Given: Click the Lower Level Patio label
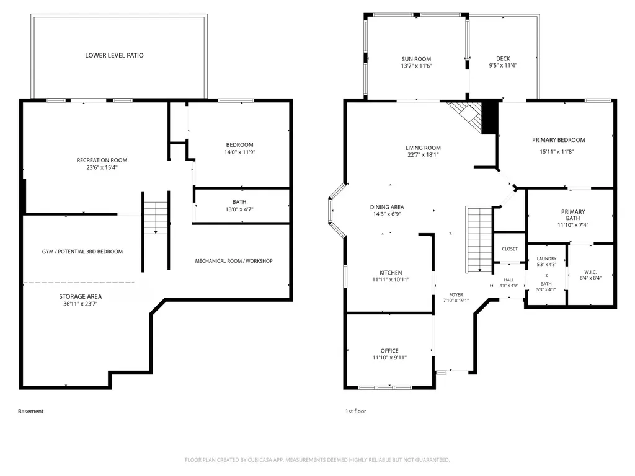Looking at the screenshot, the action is click(x=114, y=55).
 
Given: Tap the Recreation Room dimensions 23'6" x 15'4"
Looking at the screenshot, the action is click(x=102, y=167).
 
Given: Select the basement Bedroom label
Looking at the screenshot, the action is click(x=240, y=145).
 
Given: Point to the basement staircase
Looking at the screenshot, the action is click(x=156, y=218).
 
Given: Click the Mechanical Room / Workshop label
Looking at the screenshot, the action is click(x=234, y=261).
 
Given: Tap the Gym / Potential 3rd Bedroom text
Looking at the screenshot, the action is click(x=82, y=252).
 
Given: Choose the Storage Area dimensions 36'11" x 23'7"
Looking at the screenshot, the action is click(x=80, y=304).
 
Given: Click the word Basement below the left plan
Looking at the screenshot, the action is click(x=31, y=412).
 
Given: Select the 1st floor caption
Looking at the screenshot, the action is click(x=355, y=412).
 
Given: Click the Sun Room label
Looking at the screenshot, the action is click(x=416, y=59).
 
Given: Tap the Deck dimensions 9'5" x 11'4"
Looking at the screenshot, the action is click(x=503, y=65).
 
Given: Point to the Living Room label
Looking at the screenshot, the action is click(x=423, y=148).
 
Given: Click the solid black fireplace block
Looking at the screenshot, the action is click(x=489, y=117).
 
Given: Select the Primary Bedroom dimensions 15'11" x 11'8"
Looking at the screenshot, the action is click(x=557, y=152).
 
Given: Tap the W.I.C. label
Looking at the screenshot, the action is click(x=590, y=272).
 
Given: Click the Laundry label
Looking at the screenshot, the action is click(x=546, y=258).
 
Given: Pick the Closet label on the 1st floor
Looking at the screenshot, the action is click(x=510, y=249).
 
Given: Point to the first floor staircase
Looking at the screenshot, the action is click(x=479, y=240).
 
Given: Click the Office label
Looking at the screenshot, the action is click(x=389, y=351).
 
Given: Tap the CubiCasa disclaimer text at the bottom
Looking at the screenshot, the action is click(x=317, y=460).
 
